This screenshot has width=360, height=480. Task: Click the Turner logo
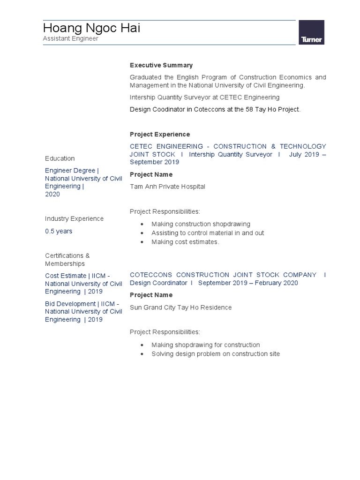click(x=312, y=33)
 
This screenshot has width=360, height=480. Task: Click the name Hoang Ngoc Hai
click(x=91, y=29)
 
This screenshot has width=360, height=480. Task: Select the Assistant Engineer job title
click(x=71, y=39)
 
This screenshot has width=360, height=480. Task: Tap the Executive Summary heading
click(x=161, y=65)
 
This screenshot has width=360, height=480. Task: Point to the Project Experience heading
click(x=160, y=135)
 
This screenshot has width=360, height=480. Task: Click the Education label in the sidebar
click(x=60, y=158)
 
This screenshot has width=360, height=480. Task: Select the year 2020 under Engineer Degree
click(x=52, y=194)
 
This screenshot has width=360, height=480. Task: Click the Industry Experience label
click(x=74, y=218)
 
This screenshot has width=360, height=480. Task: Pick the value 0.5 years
click(x=59, y=231)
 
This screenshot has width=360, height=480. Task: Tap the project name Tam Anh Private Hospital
click(x=167, y=187)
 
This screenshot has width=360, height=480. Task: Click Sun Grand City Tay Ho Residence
click(x=180, y=307)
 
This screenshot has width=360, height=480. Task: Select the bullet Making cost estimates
click(x=185, y=242)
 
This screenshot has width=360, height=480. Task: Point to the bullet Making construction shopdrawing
click(x=201, y=224)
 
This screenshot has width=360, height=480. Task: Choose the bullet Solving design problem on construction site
click(x=216, y=354)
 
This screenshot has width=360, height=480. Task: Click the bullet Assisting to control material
click(x=208, y=233)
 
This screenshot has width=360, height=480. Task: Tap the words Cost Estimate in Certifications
click(x=66, y=276)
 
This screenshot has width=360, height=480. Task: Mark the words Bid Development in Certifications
click(x=70, y=304)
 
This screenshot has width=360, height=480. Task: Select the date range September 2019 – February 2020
click(x=248, y=283)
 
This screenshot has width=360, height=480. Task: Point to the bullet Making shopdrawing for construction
click(x=205, y=345)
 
